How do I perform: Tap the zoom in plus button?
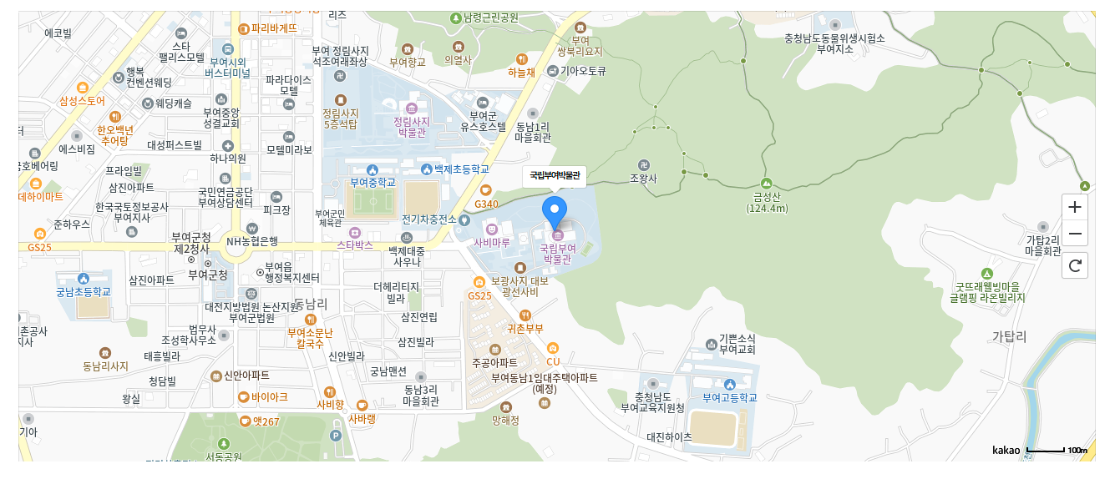pos(1075,206)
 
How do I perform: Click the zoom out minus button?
pos(1075,234)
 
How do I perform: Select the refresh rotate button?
pos(1075,266)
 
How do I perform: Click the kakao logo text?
pos(1006,451)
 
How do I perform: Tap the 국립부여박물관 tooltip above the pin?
pos(555,176)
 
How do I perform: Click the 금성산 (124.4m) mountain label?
pos(767,203)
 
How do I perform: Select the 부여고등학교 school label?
pos(729,397)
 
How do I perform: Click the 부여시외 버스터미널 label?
pos(227,68)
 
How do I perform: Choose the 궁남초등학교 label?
pos(83,292)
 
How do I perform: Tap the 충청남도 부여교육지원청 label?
pos(652,402)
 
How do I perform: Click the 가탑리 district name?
pos(1009,336)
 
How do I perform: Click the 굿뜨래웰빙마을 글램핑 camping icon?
pos(986,274)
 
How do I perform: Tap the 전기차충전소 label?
pos(428,219)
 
